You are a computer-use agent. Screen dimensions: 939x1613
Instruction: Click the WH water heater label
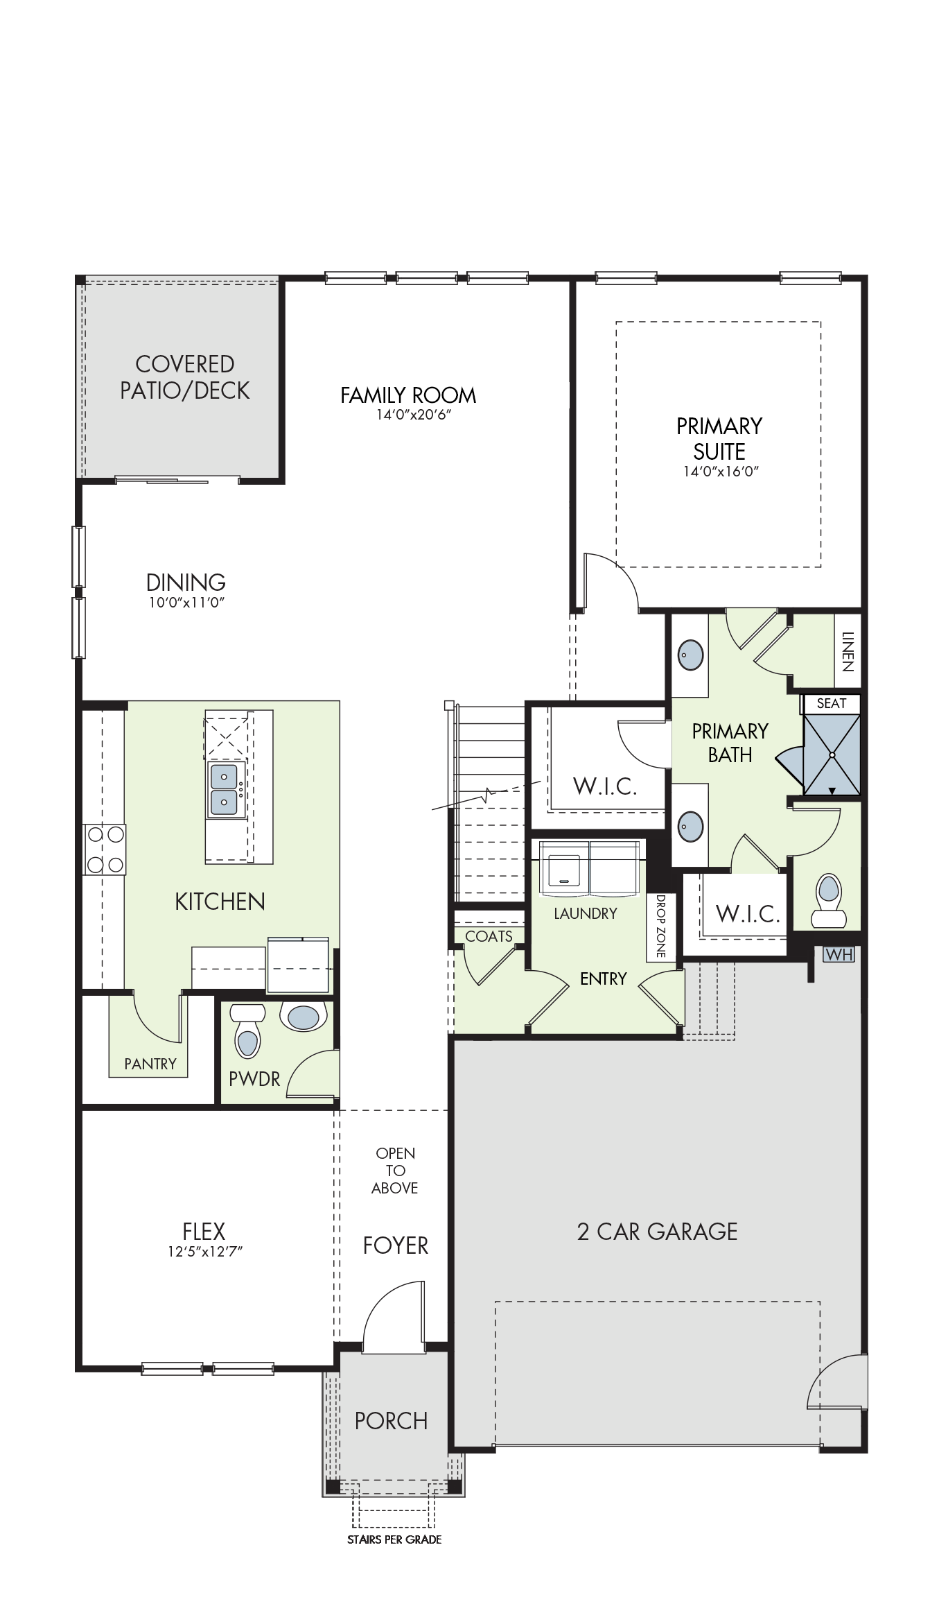[x=839, y=955]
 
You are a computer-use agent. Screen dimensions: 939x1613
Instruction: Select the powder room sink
[x=303, y=1017]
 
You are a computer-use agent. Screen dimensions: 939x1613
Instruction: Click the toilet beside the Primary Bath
[x=829, y=900]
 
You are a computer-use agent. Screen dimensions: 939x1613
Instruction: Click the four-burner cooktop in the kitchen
[x=105, y=849]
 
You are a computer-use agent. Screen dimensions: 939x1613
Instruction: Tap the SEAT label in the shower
[x=832, y=703]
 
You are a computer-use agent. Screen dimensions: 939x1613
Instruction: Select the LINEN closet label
[x=848, y=651]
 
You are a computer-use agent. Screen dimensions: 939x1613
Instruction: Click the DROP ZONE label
[x=660, y=926]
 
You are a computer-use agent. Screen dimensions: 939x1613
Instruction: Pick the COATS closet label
[x=489, y=936]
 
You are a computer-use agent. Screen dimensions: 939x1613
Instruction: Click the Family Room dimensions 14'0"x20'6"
[x=408, y=415]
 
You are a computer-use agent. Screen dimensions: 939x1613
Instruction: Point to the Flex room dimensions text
[x=204, y=1251]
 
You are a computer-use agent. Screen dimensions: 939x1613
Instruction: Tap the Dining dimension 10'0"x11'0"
[x=186, y=602]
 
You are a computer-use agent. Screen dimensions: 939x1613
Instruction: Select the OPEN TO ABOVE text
[x=395, y=1171]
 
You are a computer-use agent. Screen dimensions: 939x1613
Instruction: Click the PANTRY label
[x=150, y=1064]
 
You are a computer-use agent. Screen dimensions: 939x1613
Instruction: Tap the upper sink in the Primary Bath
[x=690, y=654]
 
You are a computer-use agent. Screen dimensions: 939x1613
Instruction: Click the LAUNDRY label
[x=586, y=913]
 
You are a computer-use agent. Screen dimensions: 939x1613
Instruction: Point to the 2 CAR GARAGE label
[x=657, y=1232]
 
